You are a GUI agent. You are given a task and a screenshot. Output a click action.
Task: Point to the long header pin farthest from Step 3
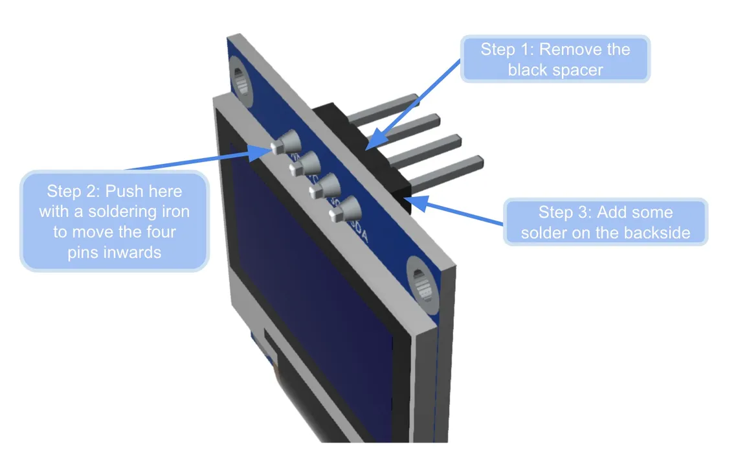point(382,107)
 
